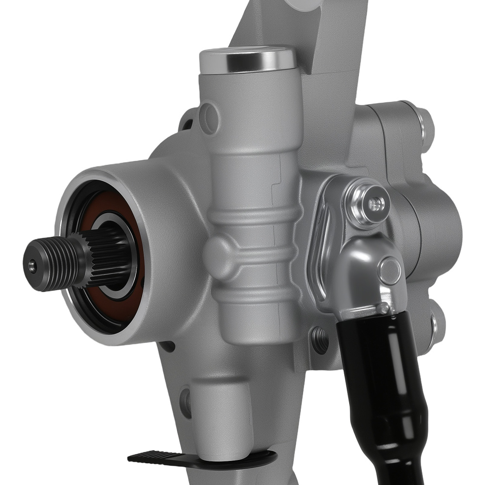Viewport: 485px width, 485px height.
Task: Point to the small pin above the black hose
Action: pyautogui.click(x=384, y=308)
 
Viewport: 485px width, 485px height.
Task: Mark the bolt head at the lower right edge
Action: pyautogui.click(x=439, y=323)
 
